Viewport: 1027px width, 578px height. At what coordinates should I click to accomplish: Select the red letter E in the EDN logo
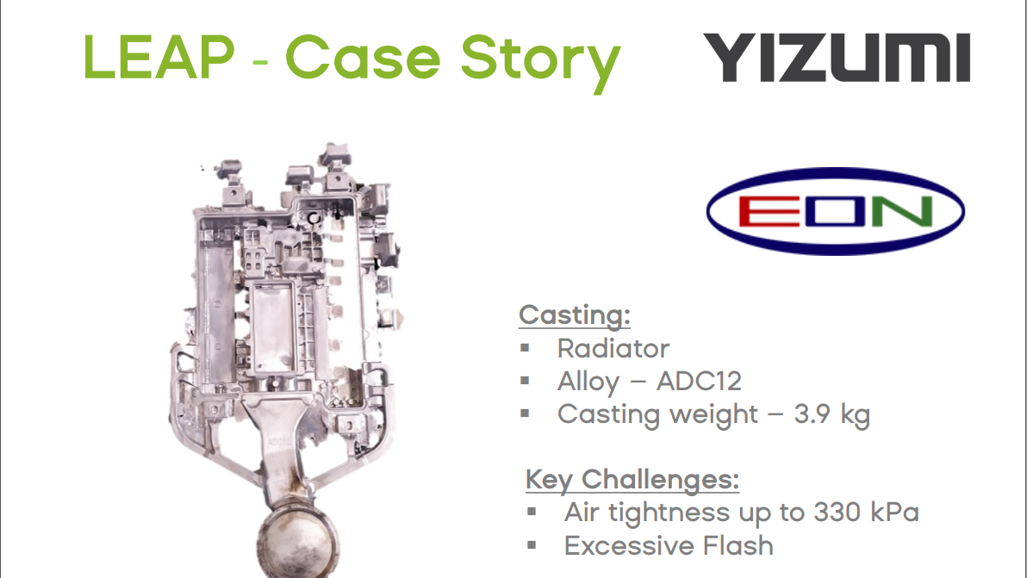pos(760,211)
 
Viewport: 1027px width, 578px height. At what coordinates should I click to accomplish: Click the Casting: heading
pos(575,315)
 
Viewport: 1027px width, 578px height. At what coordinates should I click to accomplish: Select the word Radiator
pos(613,349)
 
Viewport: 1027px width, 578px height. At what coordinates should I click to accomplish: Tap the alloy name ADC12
pos(699,382)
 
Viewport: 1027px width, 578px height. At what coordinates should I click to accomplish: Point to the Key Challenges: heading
pos(632,479)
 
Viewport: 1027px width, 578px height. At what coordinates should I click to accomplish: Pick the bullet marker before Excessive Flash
pos(532,545)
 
